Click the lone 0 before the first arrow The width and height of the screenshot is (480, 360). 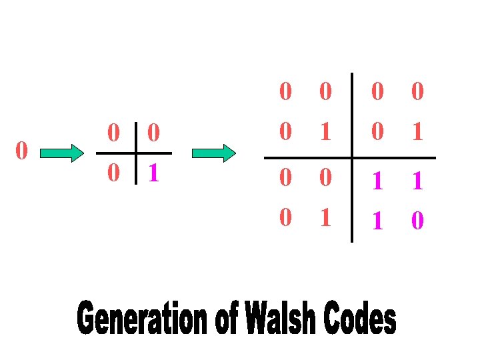(x=21, y=151)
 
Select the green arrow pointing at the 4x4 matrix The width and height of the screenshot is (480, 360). (x=213, y=153)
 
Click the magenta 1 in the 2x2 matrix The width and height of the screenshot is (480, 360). (x=153, y=173)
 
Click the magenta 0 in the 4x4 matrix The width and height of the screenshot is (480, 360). (x=417, y=219)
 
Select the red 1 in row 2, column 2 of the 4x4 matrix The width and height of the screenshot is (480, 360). (x=325, y=131)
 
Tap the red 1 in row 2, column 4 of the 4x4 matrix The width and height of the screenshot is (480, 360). (x=417, y=131)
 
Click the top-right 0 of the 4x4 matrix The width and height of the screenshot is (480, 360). (x=417, y=92)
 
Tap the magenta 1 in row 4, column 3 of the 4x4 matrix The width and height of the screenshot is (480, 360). (x=377, y=219)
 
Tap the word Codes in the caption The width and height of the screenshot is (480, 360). (x=361, y=318)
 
